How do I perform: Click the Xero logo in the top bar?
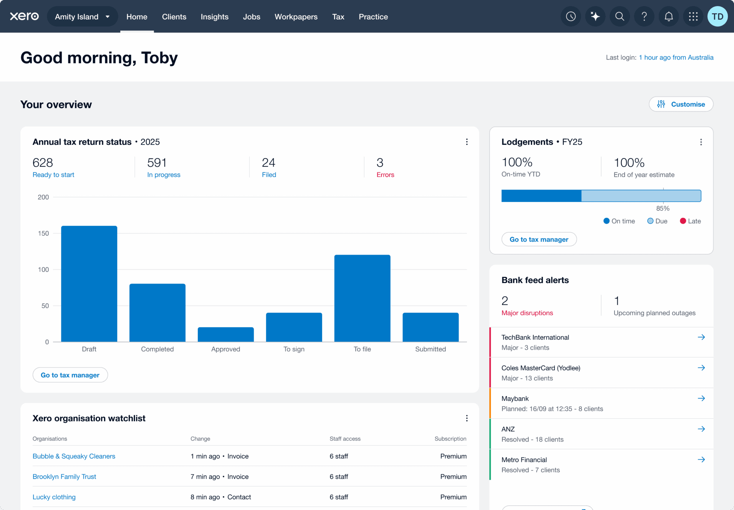click(x=24, y=16)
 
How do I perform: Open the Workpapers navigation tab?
click(x=296, y=17)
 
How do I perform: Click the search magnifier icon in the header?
click(x=619, y=16)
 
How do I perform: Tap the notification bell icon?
click(x=668, y=16)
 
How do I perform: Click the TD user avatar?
click(x=717, y=16)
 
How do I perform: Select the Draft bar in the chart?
click(x=89, y=283)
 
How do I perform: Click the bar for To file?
click(x=362, y=298)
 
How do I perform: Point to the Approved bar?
click(x=225, y=334)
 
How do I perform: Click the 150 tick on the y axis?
click(x=43, y=233)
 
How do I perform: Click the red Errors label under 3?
click(x=385, y=175)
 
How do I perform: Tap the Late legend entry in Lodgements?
click(x=690, y=221)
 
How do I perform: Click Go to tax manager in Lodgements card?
click(x=539, y=239)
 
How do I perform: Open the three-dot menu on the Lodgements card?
click(x=701, y=142)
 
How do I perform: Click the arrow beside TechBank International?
click(x=701, y=337)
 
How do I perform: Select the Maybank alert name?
click(x=515, y=398)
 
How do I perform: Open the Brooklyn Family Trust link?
click(x=64, y=477)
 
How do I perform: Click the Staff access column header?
click(x=345, y=439)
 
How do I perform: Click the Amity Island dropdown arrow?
click(x=108, y=17)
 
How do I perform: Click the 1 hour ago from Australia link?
click(x=676, y=57)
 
